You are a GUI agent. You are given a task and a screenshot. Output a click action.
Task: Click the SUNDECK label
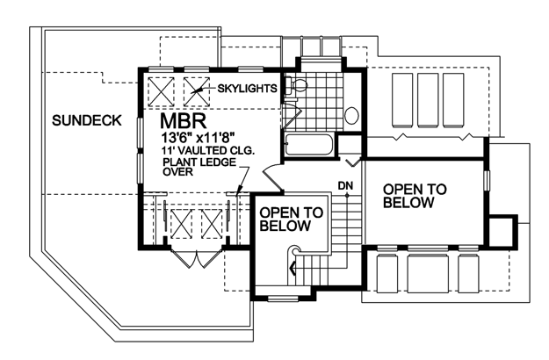point(86,120)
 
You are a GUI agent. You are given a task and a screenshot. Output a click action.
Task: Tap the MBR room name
point(183,121)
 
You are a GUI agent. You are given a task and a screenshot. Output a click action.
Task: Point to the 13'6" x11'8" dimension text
point(198,138)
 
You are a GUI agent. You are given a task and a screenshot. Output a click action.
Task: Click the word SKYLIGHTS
point(247,88)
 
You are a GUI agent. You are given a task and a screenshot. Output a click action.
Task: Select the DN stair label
point(345,186)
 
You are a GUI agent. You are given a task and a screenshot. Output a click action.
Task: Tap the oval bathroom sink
point(351,115)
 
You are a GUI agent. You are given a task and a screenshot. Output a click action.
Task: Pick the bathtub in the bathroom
point(309,145)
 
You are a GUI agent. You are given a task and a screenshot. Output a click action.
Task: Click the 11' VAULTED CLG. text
point(208,150)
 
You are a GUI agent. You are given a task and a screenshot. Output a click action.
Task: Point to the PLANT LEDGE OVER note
point(199,167)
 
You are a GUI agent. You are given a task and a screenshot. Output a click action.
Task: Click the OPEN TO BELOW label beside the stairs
point(292,219)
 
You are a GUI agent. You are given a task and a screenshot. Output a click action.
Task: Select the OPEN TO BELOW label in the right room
point(415,196)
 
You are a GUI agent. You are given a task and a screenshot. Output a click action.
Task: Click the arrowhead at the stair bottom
point(293,269)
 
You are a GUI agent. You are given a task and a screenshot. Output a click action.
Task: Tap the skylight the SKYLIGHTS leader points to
point(197,91)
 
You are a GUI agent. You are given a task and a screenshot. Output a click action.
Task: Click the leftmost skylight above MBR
point(161,91)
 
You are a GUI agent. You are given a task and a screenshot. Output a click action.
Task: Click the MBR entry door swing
point(273,177)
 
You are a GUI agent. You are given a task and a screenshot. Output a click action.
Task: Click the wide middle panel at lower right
point(428,274)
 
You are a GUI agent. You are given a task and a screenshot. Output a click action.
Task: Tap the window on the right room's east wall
point(487,181)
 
